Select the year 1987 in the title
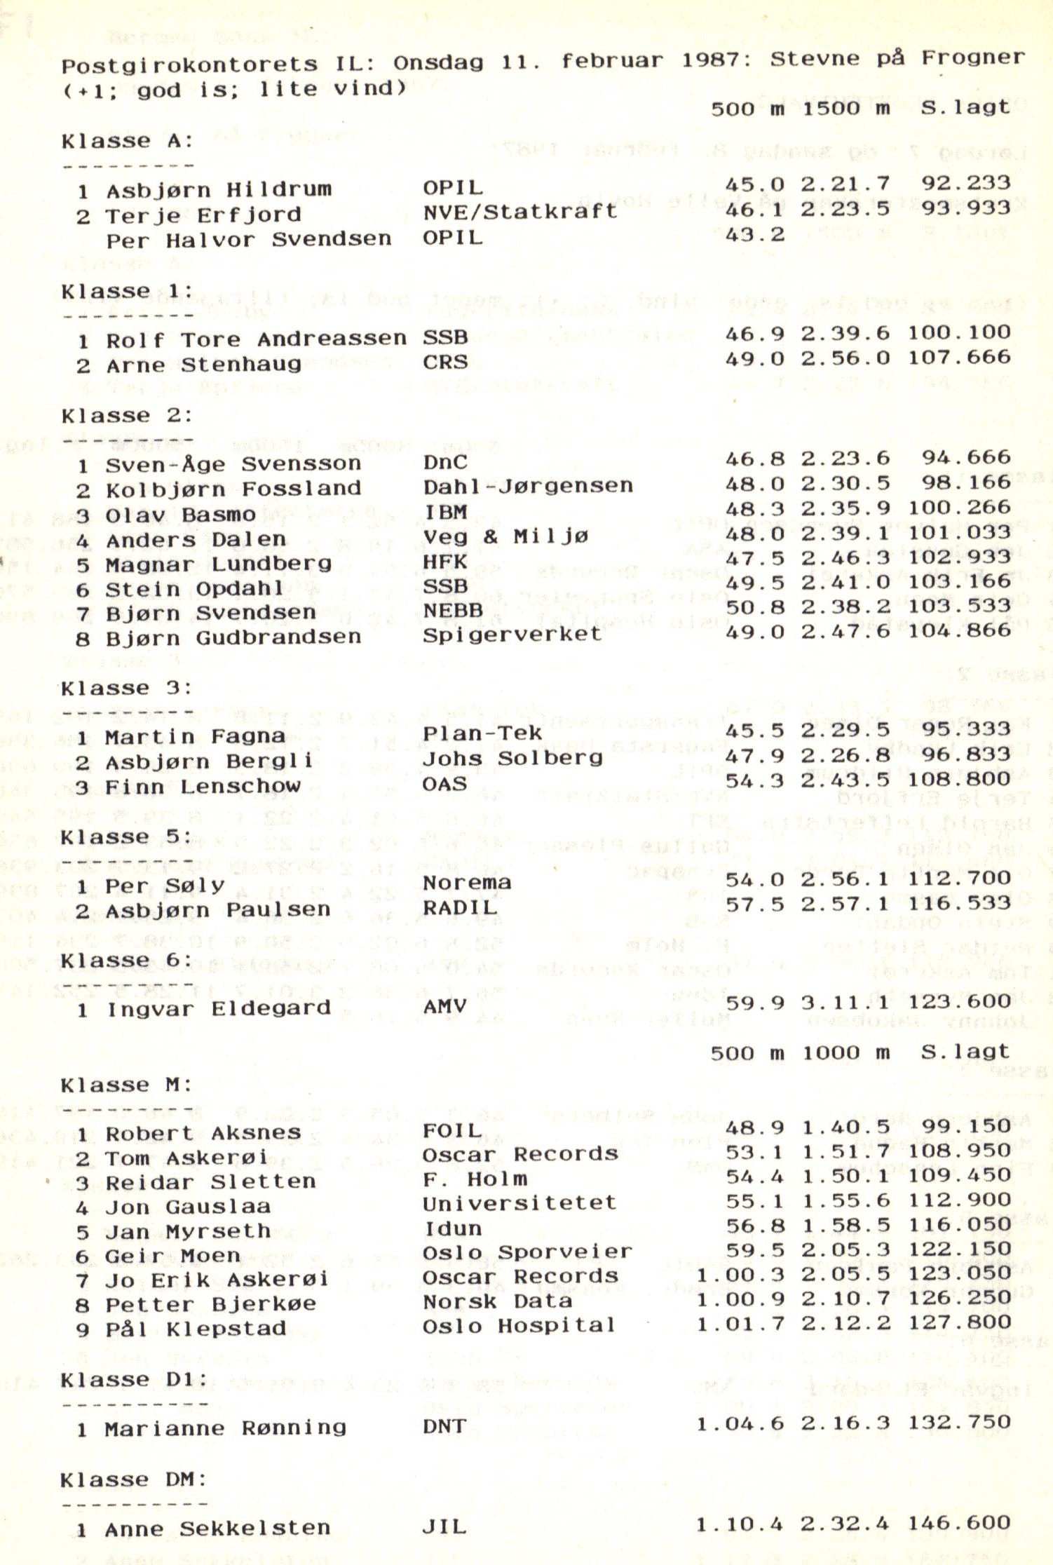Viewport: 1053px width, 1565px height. point(716,60)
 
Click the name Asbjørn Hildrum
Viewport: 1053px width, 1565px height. point(219,190)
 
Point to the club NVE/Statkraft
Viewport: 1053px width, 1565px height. point(520,212)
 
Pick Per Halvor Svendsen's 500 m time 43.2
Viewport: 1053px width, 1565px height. point(755,234)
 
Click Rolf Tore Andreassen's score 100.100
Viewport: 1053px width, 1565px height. point(959,332)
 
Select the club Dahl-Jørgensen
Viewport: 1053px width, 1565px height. point(528,487)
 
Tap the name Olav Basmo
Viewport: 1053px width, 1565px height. point(181,515)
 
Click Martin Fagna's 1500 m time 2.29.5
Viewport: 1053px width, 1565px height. point(845,729)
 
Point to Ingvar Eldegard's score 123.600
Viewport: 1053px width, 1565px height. point(959,1001)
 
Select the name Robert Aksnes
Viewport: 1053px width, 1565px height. point(203,1133)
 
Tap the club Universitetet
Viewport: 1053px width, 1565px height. point(519,1203)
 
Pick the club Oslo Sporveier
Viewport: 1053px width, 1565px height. point(527,1252)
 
